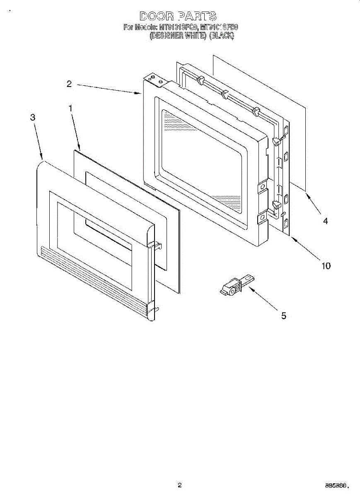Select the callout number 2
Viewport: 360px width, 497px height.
[x=69, y=84]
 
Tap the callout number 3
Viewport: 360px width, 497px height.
[x=33, y=117]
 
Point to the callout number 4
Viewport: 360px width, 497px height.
[x=326, y=221]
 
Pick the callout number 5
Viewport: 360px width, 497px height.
[x=284, y=316]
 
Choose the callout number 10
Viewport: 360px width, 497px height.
[x=326, y=265]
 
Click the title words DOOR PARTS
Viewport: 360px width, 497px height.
[x=178, y=16]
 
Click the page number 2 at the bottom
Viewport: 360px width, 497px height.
[x=179, y=485]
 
